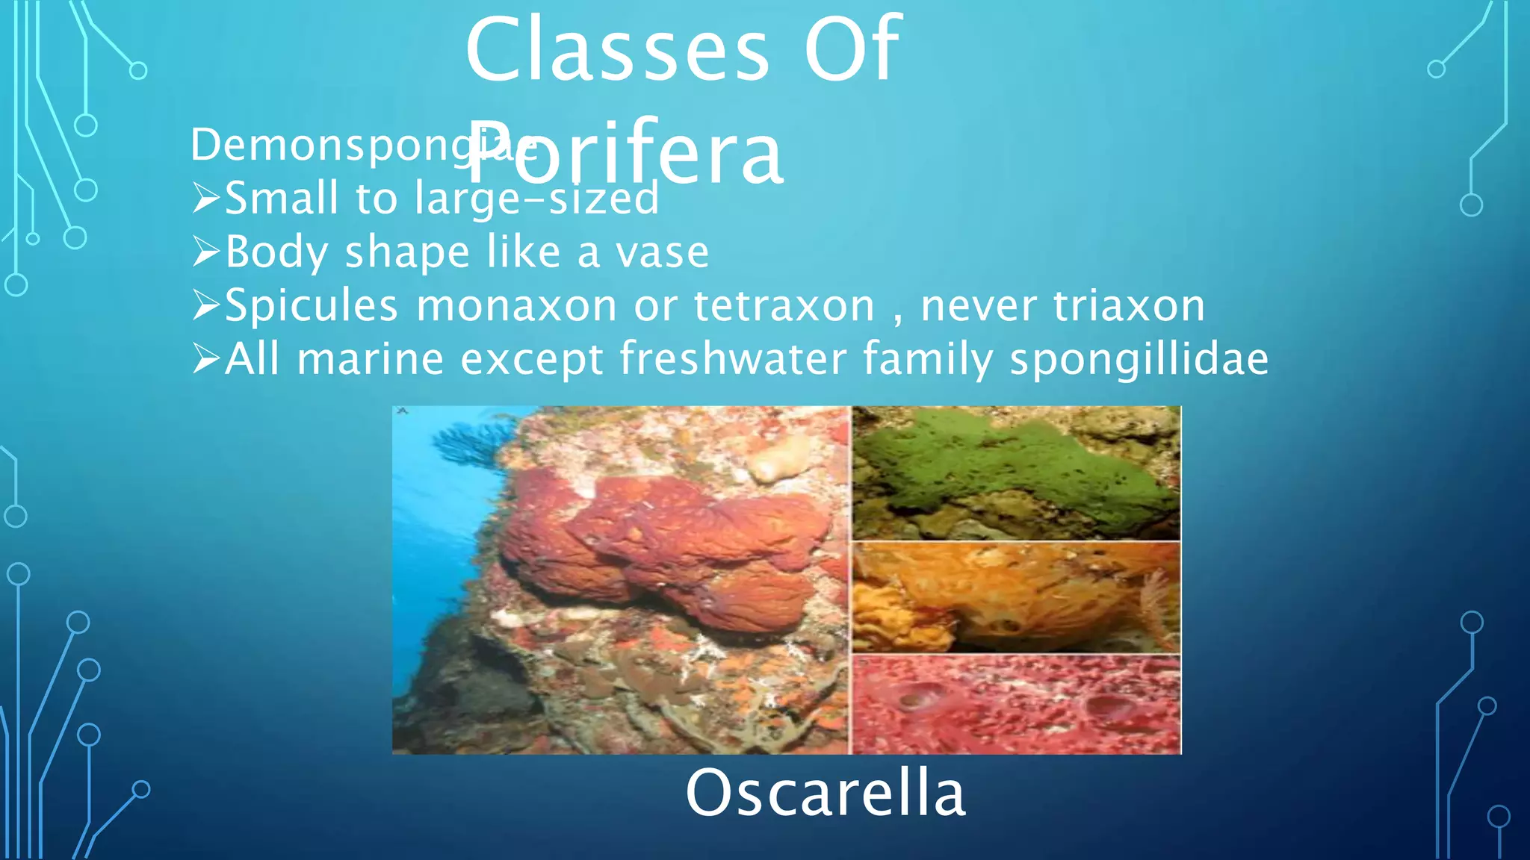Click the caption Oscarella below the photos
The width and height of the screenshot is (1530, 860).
coord(825,793)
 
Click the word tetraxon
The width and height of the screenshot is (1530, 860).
coord(784,306)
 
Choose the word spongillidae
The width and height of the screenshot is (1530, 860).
coord(1139,360)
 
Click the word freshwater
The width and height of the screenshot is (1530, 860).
coord(732,360)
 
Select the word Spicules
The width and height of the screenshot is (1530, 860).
coord(312,306)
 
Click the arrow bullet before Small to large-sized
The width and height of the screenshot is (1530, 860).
coord(206,199)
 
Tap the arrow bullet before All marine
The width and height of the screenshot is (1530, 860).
coord(206,360)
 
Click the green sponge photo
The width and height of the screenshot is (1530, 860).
coord(1016,472)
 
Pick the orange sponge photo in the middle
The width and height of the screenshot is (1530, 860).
coord(1016,597)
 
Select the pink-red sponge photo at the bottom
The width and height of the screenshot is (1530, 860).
coord(1016,705)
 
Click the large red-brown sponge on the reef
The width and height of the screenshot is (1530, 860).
coord(665,545)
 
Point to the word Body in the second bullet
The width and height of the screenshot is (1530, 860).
coord(276,252)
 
